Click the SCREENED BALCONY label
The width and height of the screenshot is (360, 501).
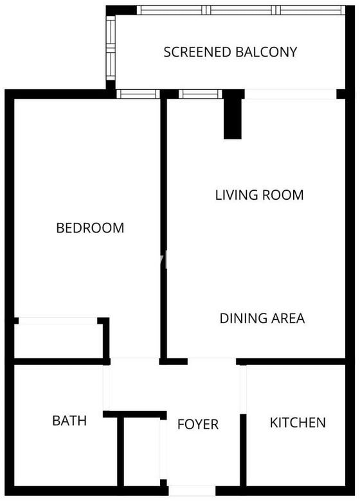[230, 52]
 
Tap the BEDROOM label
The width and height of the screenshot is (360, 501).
[90, 228]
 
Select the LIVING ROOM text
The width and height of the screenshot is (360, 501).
[259, 195]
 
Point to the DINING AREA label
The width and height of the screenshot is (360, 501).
[262, 318]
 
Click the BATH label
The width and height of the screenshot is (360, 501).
[69, 421]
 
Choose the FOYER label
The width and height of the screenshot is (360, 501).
[198, 425]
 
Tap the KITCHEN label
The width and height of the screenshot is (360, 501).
[298, 423]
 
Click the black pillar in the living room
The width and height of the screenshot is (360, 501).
[233, 114]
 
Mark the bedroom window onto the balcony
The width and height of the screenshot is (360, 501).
[138, 94]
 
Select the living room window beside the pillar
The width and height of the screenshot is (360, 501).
[200, 94]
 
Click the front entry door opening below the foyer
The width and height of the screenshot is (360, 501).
[192, 491]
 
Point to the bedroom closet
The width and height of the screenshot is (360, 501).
[59, 340]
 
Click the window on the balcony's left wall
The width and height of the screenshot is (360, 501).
[111, 48]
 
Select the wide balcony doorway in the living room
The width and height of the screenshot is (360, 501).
[291, 94]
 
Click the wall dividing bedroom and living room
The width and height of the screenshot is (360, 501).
[163, 229]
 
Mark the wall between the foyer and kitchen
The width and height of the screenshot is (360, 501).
[243, 450]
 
